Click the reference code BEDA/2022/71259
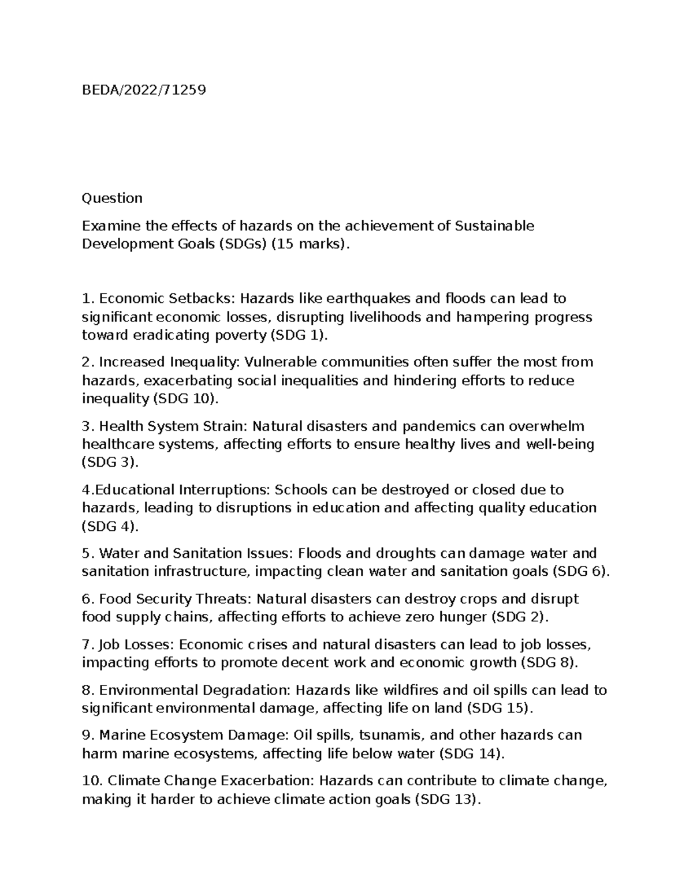pyautogui.click(x=144, y=90)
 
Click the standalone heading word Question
pyautogui.click(x=112, y=198)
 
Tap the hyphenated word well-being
pyautogui.click(x=560, y=444)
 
